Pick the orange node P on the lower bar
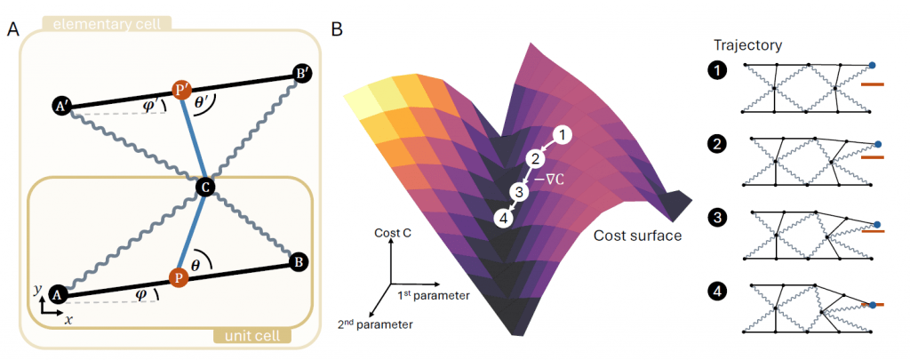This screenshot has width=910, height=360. tap(180, 277)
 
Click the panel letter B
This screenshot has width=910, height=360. tap(337, 30)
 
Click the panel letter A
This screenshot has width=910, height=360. tap(12, 30)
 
